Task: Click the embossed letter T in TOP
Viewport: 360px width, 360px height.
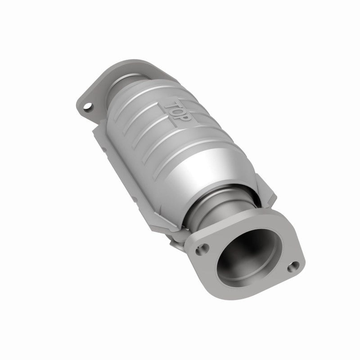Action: (172, 105)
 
